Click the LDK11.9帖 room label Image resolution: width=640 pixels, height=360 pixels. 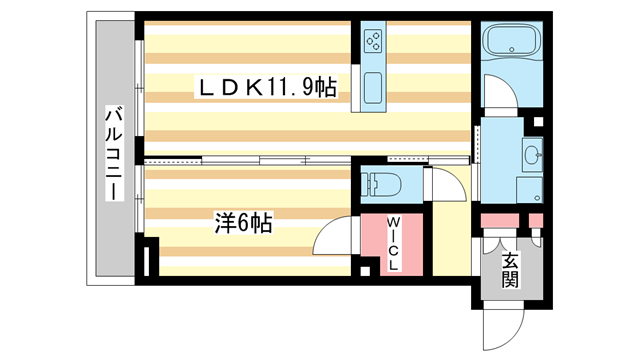(x=264, y=89)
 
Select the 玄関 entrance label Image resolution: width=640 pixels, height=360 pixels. (x=510, y=270)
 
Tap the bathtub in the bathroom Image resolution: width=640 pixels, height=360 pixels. (x=511, y=42)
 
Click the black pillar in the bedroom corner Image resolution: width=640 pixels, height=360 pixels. (x=151, y=260)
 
